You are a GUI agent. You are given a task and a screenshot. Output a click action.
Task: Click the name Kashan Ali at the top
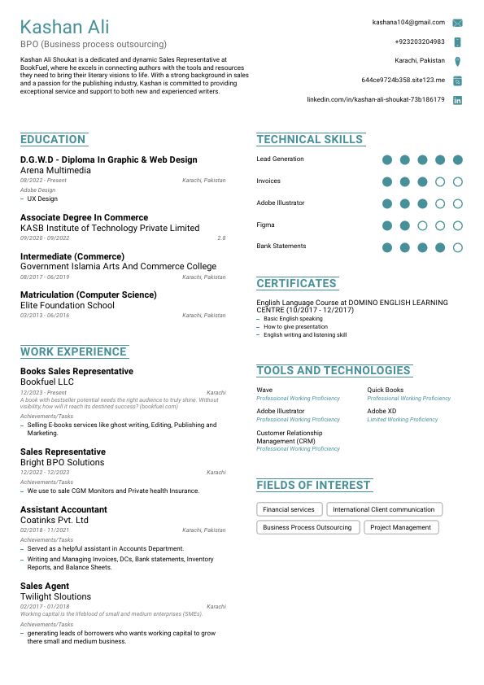[65, 28]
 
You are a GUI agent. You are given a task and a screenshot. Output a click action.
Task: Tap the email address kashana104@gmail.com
[408, 23]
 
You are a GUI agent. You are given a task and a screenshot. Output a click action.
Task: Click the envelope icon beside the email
[458, 23]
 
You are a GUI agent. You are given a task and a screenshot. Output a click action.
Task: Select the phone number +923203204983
[419, 41]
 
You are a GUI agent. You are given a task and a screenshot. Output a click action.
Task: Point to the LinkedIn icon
[458, 99]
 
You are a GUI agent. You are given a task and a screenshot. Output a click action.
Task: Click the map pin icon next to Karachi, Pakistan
[458, 61]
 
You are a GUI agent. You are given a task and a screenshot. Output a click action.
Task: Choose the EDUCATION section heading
[53, 139]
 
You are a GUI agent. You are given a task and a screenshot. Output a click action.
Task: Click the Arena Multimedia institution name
[55, 171]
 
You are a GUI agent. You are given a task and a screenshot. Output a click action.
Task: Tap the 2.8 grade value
[221, 238]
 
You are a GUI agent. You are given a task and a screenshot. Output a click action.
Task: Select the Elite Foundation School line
[68, 306]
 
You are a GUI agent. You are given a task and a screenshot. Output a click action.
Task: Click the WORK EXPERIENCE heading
[73, 351]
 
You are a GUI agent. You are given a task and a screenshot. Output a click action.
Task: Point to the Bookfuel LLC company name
[47, 382]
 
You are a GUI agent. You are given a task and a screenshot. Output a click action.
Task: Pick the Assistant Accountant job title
[63, 509]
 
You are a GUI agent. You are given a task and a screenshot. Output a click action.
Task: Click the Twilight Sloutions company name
[55, 596]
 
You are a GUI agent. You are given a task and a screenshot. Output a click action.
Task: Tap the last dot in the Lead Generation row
[458, 159]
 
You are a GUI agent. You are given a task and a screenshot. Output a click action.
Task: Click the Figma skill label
[265, 225]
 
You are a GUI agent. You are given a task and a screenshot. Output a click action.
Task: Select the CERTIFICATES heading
[296, 283]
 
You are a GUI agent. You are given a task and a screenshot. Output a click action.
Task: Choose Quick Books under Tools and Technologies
[385, 390]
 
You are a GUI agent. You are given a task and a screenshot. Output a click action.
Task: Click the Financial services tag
[289, 509]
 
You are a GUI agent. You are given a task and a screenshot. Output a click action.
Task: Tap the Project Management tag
[400, 527]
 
